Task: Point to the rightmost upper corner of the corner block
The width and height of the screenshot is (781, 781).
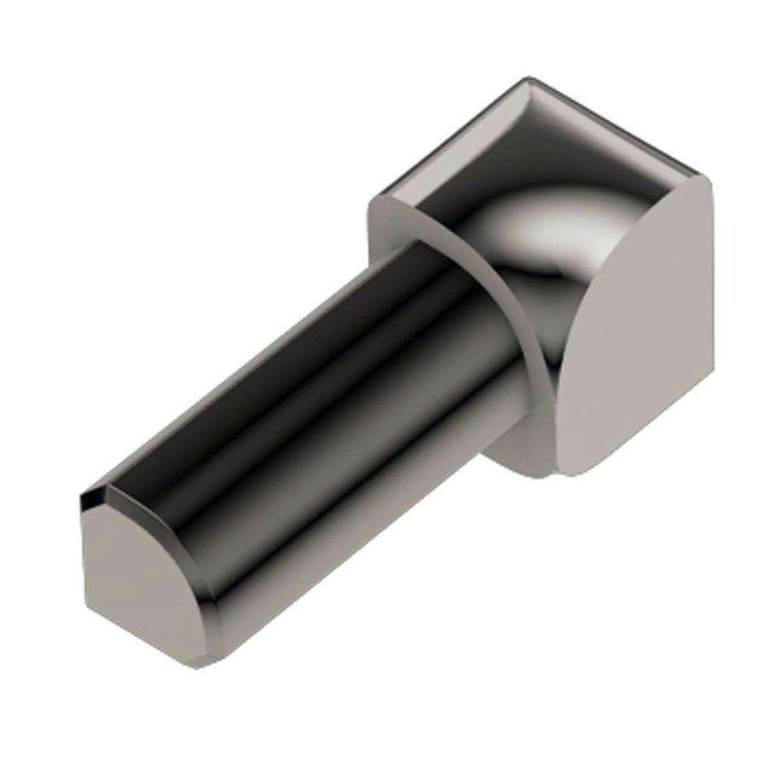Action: coord(707,177)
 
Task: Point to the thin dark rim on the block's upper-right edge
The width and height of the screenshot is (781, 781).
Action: coord(625,125)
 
